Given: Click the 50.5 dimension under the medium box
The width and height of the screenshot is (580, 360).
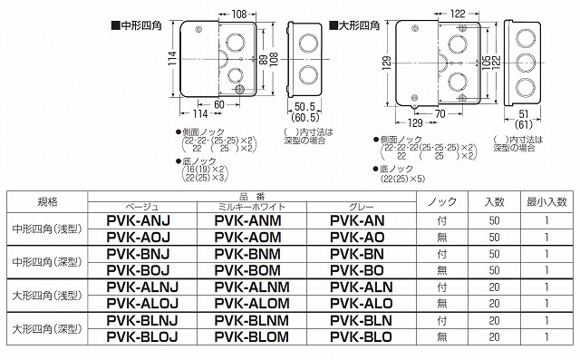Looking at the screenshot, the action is tap(305, 107).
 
